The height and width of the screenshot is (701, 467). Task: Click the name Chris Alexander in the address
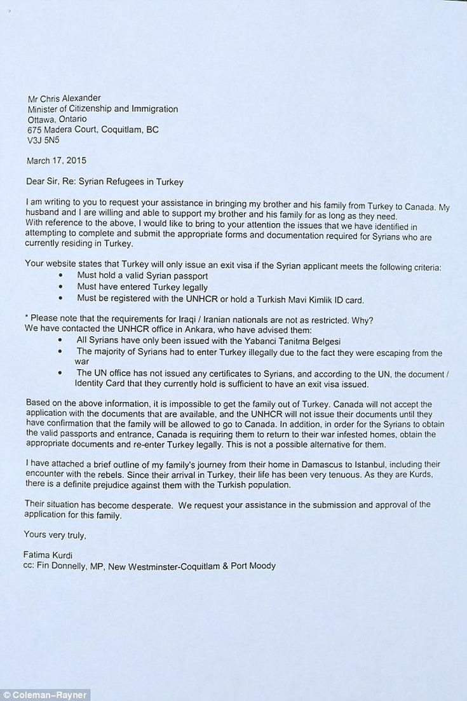pos(71,99)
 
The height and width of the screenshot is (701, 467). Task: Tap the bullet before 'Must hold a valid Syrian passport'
pos(60,276)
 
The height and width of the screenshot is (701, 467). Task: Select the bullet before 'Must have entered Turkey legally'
pos(60,286)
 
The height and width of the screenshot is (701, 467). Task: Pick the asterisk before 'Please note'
pos(26,317)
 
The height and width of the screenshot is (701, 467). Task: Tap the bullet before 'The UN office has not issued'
pos(60,373)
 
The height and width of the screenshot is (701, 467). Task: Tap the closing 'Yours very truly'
pos(55,534)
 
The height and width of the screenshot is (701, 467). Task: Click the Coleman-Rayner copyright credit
pos(45,695)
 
